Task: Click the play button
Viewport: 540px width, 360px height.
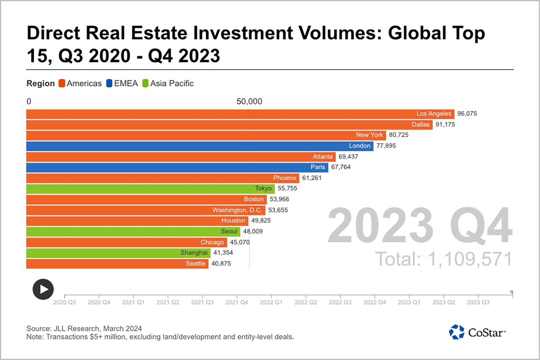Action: pos(43,289)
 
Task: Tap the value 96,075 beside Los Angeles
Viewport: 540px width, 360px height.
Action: pos(467,114)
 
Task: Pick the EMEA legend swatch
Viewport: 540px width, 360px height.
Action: pos(109,83)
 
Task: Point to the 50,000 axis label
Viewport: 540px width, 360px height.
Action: pos(249,102)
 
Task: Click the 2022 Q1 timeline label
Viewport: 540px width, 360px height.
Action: pos(271,302)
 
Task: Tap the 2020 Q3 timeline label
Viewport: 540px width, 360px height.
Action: pos(64,302)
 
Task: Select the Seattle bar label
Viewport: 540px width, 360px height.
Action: pos(195,264)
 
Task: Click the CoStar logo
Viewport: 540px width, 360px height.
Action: pos(477,332)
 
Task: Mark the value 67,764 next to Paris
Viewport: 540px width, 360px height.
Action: pos(341,167)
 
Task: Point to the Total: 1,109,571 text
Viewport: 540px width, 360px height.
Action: pos(443,259)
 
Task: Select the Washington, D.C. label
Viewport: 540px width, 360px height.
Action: pos(237,210)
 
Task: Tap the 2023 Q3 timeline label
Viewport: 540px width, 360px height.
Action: pos(478,302)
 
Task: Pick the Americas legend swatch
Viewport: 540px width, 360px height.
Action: pos(62,83)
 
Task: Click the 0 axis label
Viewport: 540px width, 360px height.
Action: pos(29,102)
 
